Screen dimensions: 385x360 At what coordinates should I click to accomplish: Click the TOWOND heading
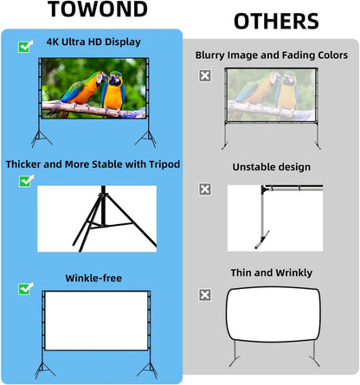(92, 10)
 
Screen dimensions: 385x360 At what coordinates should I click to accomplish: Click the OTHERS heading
(275, 22)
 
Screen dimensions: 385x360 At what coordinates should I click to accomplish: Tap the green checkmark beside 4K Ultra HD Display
(24, 47)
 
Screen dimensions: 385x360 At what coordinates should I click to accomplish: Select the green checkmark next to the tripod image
(24, 181)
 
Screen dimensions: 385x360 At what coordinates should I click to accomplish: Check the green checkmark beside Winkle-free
(24, 288)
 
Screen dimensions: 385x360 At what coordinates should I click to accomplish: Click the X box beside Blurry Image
(205, 75)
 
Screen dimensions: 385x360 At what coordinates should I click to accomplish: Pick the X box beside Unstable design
(205, 188)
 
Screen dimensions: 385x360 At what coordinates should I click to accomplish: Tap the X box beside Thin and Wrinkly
(205, 295)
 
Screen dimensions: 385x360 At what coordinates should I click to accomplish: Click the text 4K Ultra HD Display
(93, 42)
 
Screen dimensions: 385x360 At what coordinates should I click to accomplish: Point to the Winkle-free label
(93, 278)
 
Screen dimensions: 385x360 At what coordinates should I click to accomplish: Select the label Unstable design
(272, 166)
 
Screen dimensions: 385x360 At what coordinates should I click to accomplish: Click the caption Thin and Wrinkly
(272, 273)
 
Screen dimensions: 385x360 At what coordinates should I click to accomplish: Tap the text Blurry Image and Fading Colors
(272, 55)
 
